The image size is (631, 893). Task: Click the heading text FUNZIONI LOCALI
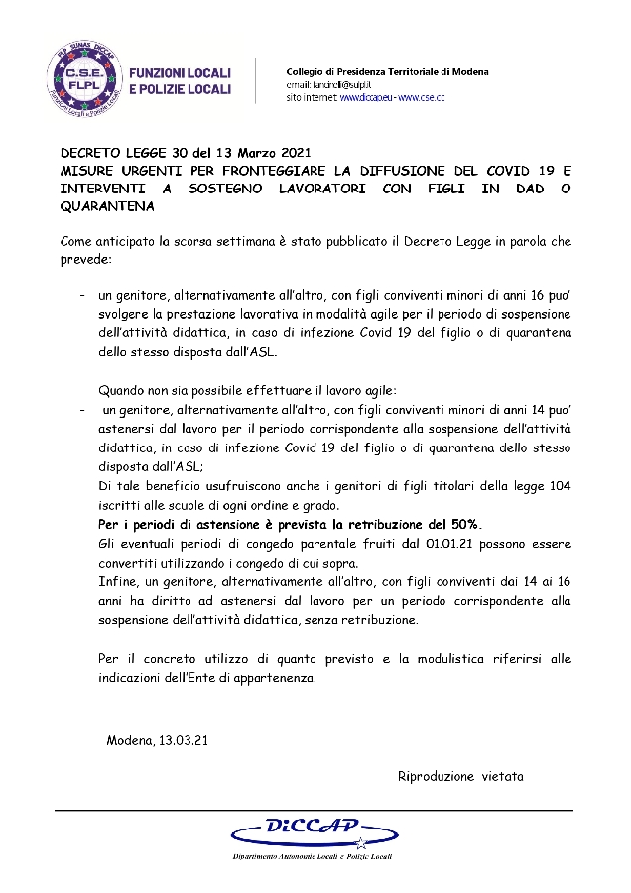click(x=181, y=73)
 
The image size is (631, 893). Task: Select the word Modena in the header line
click(x=469, y=72)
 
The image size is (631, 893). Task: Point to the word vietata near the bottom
click(x=503, y=776)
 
